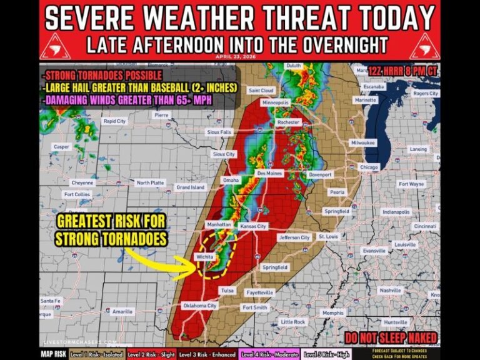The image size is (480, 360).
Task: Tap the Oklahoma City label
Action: tap(199, 306)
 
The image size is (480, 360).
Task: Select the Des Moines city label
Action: tap(270, 173)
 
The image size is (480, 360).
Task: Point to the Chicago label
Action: tap(369, 167)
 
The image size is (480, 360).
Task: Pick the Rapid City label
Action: tap(115, 121)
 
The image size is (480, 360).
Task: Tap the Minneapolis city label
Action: tap(276, 102)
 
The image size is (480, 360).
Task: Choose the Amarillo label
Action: tap(122, 311)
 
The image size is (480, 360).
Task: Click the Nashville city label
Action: tap(391, 291)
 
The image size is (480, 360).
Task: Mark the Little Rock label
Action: tap(293, 322)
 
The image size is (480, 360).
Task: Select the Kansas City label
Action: tap(253, 226)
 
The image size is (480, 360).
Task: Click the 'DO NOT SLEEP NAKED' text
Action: tap(394, 339)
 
